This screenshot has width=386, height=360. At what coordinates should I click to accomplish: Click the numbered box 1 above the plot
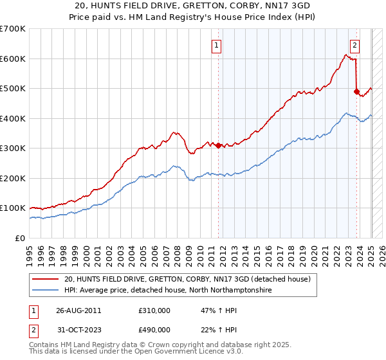[x=217, y=46]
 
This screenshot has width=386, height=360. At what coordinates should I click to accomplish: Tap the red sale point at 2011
[x=219, y=145]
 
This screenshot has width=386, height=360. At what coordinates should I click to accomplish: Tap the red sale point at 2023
[x=356, y=91]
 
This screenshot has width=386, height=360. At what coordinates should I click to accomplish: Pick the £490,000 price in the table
[x=154, y=330]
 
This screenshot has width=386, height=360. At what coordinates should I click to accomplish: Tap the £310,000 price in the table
[x=154, y=310]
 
